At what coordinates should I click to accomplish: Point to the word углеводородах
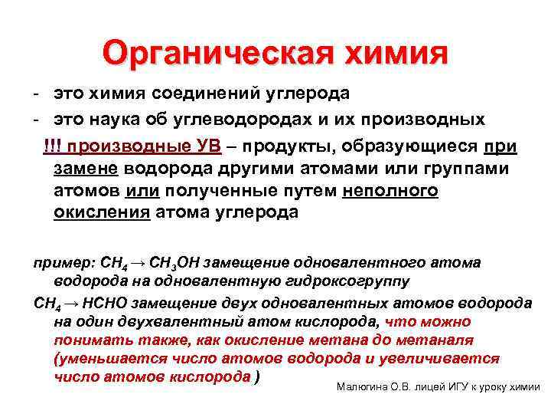[256, 120]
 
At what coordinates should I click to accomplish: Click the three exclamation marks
[53, 146]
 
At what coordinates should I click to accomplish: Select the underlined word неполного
[391, 190]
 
